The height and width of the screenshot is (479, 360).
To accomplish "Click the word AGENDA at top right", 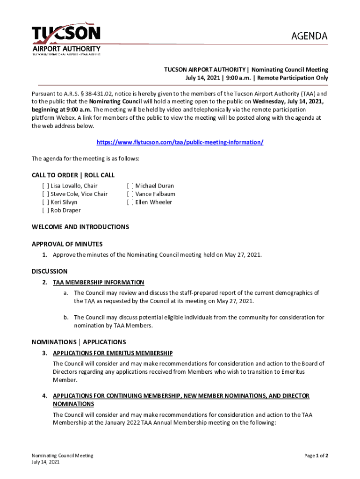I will (310, 36).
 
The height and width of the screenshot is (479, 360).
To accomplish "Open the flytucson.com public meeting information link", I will (180, 142).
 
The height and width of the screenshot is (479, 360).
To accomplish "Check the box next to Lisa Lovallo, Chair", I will (45, 186).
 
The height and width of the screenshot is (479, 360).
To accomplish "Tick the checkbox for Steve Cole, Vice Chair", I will (45, 194).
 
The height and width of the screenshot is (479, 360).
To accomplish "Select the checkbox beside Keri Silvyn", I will (45, 202).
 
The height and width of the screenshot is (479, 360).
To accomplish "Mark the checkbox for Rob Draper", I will (45, 210).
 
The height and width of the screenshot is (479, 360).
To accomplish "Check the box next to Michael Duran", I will (130, 186).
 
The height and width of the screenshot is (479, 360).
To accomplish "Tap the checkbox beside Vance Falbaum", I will (130, 194).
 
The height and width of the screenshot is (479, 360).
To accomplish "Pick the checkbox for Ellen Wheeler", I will (130, 202).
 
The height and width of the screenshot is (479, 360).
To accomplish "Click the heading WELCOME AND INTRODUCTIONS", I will (80, 227).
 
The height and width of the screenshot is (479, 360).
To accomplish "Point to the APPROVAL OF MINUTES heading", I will (67, 244).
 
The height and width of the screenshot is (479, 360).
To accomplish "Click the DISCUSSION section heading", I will (50, 271).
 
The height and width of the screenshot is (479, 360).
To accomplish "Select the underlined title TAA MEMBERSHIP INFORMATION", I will (99, 283).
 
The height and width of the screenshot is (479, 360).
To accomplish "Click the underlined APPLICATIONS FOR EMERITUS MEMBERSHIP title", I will (113, 353).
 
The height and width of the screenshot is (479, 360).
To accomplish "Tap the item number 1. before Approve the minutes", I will (45, 255).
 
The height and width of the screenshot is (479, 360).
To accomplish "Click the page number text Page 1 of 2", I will (316, 455).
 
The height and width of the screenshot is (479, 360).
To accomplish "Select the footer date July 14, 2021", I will (45, 462).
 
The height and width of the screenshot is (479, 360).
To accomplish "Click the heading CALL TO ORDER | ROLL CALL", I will (73, 175).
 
